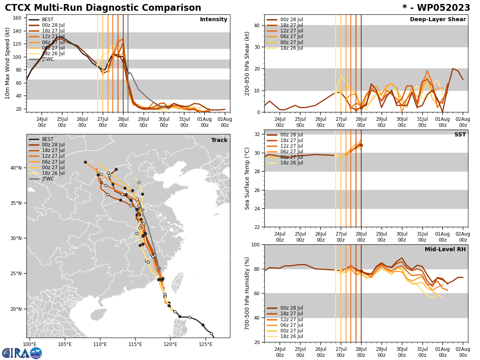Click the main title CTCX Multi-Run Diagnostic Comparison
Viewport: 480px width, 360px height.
pyautogui.click(x=103, y=8)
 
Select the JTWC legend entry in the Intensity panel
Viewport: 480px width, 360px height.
pyautogui.click(x=48, y=59)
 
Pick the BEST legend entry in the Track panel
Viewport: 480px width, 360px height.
pyautogui.click(x=48, y=139)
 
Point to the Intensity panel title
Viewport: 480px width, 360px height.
pyautogui.click(x=214, y=20)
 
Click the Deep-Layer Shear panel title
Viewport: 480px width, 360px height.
pyautogui.click(x=438, y=20)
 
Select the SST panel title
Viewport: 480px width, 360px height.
pyautogui.click(x=460, y=135)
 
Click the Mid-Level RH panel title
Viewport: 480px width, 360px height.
pyautogui.click(x=445, y=250)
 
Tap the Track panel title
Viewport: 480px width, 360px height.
pyautogui.click(x=219, y=140)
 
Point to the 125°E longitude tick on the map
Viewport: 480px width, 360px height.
pyautogui.click(x=206, y=344)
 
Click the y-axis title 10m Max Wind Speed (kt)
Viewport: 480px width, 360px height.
pyautogui.click(x=7, y=63)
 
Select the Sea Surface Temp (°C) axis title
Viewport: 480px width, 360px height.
pyautogui.click(x=247, y=178)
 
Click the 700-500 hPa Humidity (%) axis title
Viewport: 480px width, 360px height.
pyautogui.click(x=247, y=293)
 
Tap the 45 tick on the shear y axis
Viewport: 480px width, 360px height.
pyautogui.click(x=257, y=14)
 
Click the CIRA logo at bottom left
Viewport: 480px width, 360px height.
pyautogui.click(x=22, y=353)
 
